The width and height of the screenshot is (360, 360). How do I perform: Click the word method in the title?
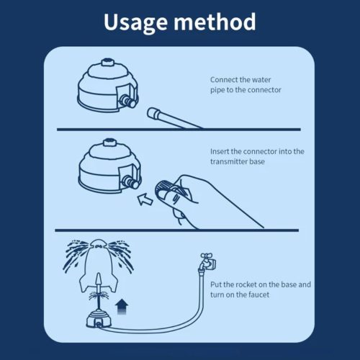216,22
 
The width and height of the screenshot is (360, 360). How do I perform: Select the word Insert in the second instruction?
221,152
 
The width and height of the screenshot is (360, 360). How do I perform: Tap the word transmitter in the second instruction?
232,162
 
